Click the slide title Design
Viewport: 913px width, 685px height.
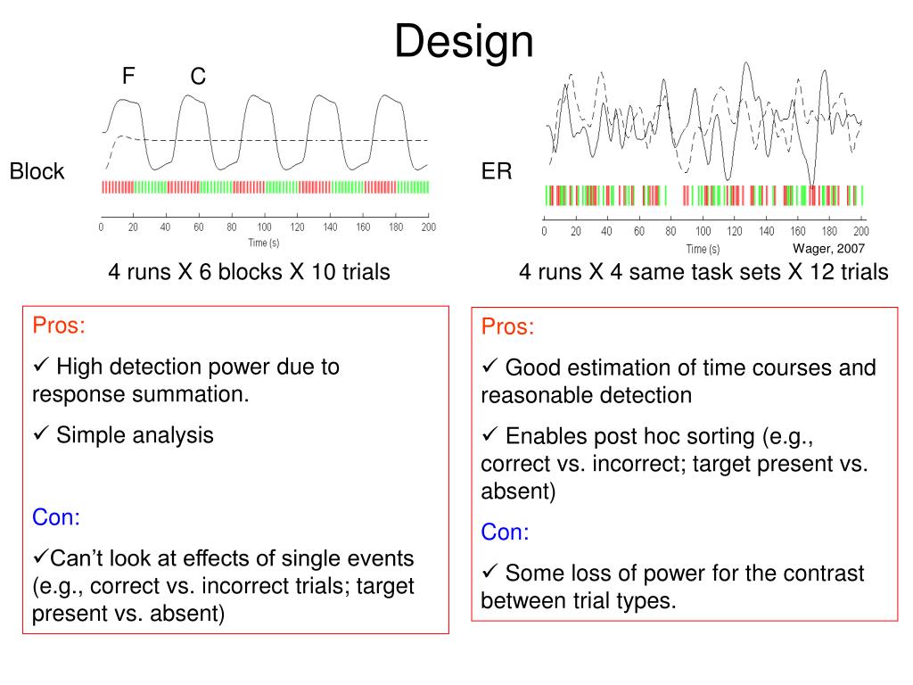tap(464, 42)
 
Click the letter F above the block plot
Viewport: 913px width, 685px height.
tap(128, 77)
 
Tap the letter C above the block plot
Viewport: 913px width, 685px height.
tap(198, 78)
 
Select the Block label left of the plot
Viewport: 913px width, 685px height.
tap(37, 171)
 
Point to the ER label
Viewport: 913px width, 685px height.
tap(497, 171)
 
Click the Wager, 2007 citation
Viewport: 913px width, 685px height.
tap(828, 248)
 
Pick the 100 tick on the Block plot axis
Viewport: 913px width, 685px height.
tap(265, 227)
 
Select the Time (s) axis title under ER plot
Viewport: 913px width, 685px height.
tap(703, 248)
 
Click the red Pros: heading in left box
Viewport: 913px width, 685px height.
tap(59, 325)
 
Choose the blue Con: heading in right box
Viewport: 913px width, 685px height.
tap(505, 532)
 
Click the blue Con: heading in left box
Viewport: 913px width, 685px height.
tap(56, 517)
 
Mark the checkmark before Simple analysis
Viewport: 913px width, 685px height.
tap(40, 435)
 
